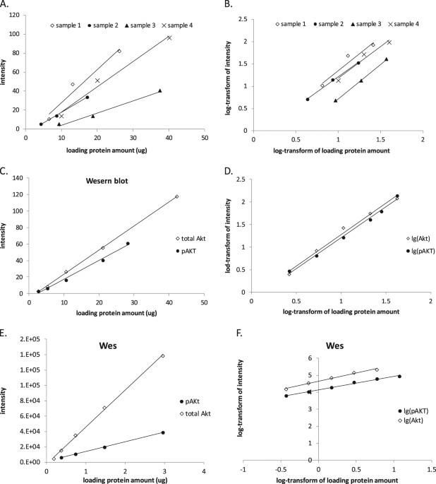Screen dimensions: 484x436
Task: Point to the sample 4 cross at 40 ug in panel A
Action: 169,37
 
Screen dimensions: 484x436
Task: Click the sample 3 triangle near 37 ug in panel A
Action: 160,90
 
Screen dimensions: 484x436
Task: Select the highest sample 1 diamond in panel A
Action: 119,51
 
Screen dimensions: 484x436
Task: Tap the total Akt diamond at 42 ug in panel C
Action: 176,196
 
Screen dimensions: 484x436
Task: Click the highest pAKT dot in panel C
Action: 128,244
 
